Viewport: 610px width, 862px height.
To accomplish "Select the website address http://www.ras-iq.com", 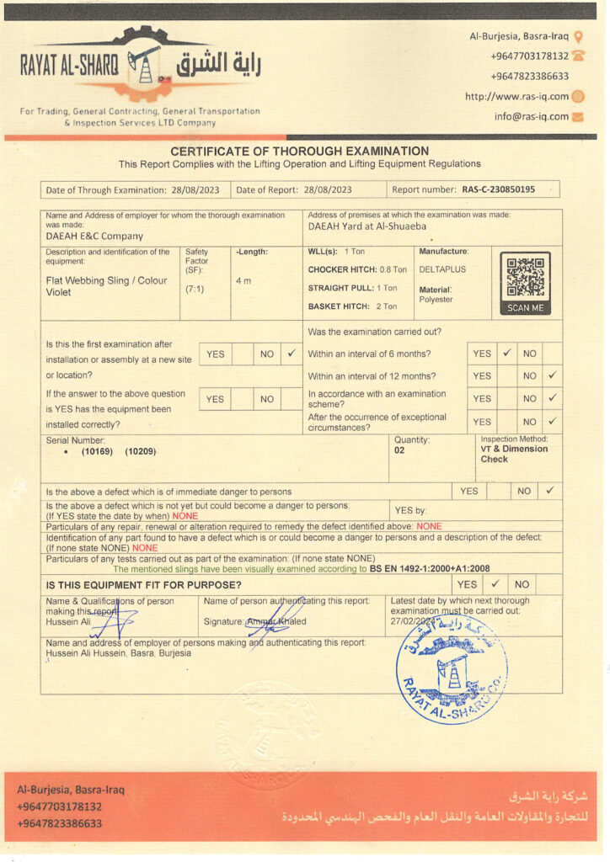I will [517, 97].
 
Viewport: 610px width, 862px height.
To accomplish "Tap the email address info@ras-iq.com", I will [532, 117].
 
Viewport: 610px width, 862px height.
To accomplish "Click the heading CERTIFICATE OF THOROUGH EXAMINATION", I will [299, 152].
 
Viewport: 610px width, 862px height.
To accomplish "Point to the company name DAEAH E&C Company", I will [94, 237].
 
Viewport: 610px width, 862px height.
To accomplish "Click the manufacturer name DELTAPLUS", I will [442, 269].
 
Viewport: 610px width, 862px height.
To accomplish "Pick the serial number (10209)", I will [141, 452].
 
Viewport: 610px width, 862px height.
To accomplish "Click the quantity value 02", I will [399, 450].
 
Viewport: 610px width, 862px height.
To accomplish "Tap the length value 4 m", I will [243, 280].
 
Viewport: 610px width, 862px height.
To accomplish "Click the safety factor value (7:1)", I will [194, 289].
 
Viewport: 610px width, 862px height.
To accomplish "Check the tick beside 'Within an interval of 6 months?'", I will [507, 354].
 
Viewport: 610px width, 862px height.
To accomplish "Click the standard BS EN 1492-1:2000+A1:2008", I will [429, 569].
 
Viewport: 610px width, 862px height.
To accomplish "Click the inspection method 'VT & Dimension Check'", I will [513, 454].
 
